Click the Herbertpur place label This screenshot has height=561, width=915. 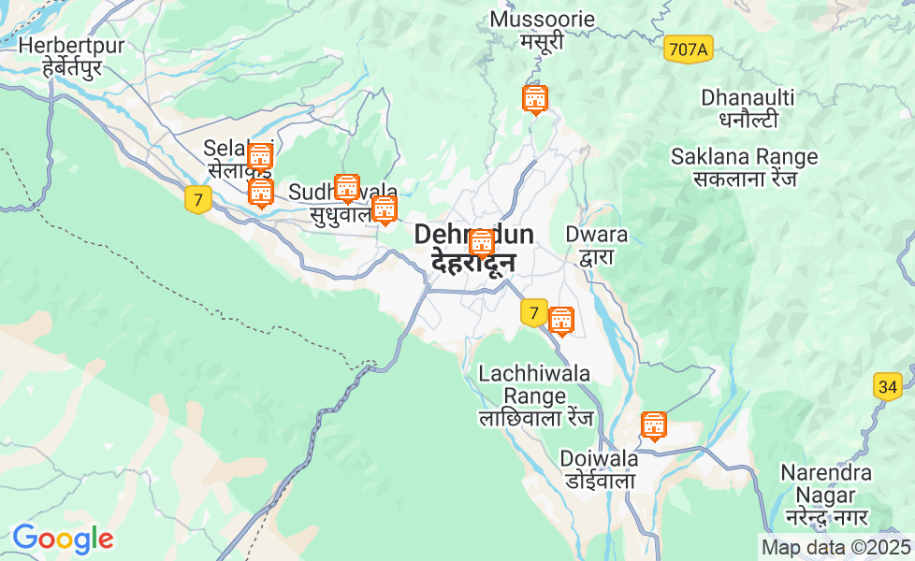pyautogui.click(x=59, y=56)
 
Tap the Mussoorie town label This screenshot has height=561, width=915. pyautogui.click(x=542, y=30)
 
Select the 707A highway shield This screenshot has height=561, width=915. pyautogui.click(x=688, y=50)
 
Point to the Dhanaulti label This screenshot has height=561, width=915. pyautogui.click(x=748, y=108)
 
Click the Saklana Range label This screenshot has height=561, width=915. pyautogui.click(x=744, y=167)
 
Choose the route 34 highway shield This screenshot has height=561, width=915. pyautogui.click(x=888, y=386)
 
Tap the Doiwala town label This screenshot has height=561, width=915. pyautogui.click(x=599, y=469)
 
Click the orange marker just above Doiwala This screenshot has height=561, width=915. pyautogui.click(x=654, y=425)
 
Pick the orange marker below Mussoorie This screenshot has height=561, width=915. pyautogui.click(x=534, y=98)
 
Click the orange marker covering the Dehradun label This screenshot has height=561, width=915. pyautogui.click(x=481, y=243)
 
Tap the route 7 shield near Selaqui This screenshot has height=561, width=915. pyautogui.click(x=197, y=199)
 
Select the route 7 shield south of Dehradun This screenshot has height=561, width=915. pyautogui.click(x=533, y=312)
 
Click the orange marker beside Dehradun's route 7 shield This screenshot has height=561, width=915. pyautogui.click(x=560, y=321)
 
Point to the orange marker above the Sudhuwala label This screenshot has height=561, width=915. pyautogui.click(x=347, y=188)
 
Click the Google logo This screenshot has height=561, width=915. pyautogui.click(x=63, y=539)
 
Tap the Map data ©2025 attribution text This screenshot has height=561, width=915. pyautogui.click(x=835, y=547)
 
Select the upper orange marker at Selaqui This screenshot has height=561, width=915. pyautogui.click(x=260, y=157)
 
